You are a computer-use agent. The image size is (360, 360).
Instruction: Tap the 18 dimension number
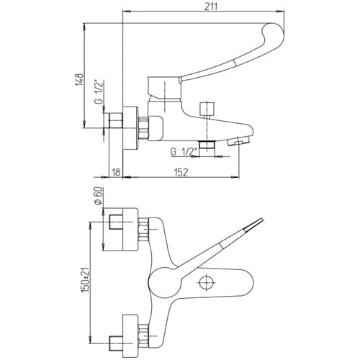click(x=116, y=172)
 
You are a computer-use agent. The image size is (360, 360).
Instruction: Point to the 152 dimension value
click(x=181, y=172)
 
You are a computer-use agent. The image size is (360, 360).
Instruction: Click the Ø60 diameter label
click(x=99, y=196)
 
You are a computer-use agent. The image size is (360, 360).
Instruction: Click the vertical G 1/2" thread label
click(x=99, y=91)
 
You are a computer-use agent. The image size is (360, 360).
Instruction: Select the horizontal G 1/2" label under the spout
click(x=184, y=151)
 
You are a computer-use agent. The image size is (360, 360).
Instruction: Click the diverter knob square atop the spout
click(x=207, y=109)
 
